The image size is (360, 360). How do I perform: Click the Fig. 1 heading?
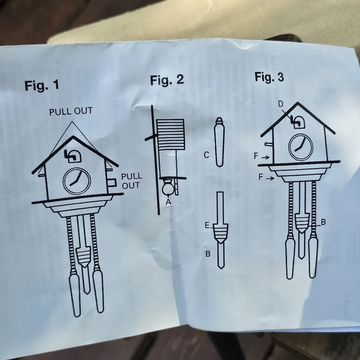coord(42,85)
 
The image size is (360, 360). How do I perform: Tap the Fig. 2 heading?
coord(167,80)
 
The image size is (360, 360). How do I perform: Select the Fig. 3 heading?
coord(269,77)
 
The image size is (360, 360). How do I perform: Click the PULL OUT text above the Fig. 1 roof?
coord(71,111)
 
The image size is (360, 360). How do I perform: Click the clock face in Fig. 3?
coord(301,147)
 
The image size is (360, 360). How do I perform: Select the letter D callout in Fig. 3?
coord(280,105)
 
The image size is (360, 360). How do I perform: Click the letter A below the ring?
coord(168,202)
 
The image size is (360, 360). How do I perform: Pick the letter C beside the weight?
coord(207,155)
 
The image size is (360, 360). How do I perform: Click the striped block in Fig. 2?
coord(170,135)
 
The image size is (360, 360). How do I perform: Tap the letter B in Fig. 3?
coord(323,222)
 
